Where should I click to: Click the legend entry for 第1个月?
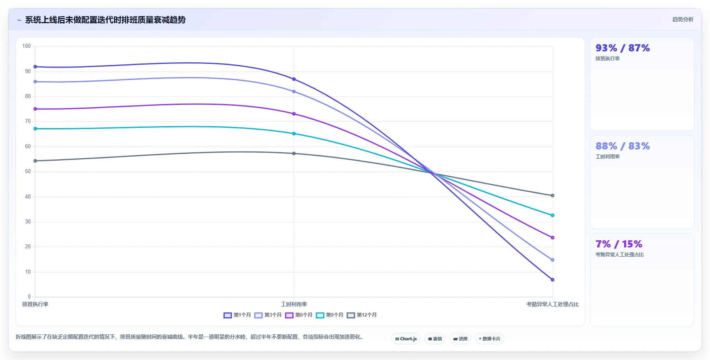237,315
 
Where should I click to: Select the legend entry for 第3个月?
268,315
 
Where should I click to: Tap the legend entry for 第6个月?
299,315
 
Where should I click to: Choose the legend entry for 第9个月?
330,315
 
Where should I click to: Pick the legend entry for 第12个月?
362,315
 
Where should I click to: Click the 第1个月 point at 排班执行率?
35,67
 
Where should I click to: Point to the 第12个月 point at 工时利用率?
294,153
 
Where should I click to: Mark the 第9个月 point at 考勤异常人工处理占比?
553,215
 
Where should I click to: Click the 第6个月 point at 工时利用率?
294,114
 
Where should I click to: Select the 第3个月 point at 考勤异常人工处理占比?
553,260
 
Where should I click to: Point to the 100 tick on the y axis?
27,46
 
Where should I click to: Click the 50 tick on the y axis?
28,172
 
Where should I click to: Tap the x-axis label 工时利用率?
294,305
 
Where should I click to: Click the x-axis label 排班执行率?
35,305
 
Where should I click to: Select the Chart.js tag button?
406,339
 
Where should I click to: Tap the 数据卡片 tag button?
489,339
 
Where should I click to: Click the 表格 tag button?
435,339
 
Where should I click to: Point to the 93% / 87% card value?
622,48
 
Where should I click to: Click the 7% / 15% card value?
619,244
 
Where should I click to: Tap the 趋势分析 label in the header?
683,19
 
